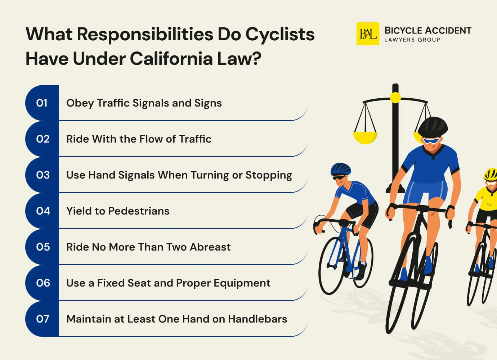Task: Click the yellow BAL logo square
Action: click(367, 34)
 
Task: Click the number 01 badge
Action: click(42, 103)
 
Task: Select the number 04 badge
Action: click(43, 211)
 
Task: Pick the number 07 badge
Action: click(42, 319)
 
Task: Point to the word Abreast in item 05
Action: click(210, 247)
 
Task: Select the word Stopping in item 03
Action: click(269, 175)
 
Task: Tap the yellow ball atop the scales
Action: click(395, 97)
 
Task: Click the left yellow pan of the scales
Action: click(365, 137)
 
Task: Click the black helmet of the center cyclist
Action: click(433, 126)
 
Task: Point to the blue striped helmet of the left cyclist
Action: click(340, 168)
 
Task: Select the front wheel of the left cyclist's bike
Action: click(331, 265)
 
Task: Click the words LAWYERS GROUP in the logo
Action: click(412, 40)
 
